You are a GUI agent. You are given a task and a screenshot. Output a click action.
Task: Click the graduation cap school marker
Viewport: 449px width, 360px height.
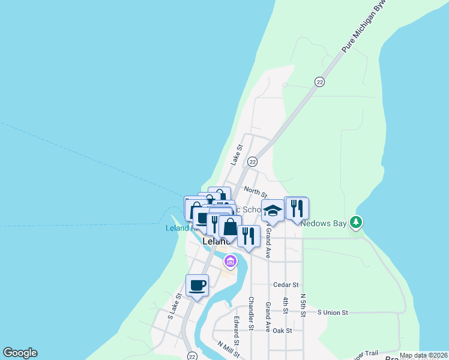click(x=273, y=211)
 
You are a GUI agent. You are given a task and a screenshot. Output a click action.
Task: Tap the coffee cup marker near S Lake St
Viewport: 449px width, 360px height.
click(x=197, y=286)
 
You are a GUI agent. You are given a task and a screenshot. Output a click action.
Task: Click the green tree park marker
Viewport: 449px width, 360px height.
click(x=357, y=223)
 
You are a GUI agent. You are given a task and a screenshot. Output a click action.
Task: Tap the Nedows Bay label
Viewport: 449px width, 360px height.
click(x=324, y=224)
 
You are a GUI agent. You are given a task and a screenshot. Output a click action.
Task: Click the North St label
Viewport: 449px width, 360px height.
click(x=255, y=192)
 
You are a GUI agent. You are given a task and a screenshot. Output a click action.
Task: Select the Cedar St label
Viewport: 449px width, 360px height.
click(x=285, y=285)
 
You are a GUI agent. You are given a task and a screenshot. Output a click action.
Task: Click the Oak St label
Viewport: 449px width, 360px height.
click(x=282, y=331)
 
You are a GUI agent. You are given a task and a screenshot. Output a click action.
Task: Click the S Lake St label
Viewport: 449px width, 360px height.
click(x=175, y=306)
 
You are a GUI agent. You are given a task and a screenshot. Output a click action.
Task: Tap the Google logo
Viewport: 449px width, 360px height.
click(x=20, y=353)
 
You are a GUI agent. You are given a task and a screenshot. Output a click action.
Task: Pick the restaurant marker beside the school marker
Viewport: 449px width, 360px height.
click(x=297, y=208)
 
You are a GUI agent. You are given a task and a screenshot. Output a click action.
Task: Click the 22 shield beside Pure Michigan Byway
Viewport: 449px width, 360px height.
click(x=319, y=82)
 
